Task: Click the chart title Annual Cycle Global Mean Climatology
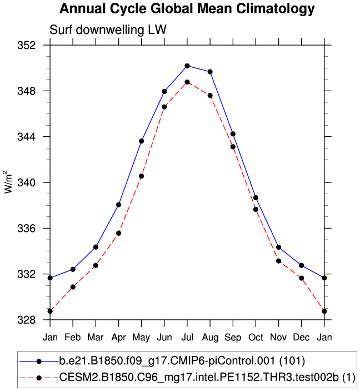[x=187, y=9]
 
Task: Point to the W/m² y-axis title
[x=9, y=182]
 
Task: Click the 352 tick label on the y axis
[x=35, y=45]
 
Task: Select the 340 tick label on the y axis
[x=35, y=182]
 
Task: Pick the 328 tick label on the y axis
[x=35, y=320]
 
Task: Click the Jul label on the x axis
[x=187, y=337]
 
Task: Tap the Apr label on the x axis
[x=118, y=337]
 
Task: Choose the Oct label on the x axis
[x=256, y=337]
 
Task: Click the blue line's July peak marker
[x=187, y=66]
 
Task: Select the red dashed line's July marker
[x=187, y=82]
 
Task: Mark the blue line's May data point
[x=142, y=141]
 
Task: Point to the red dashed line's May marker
[x=142, y=176]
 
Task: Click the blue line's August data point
[x=210, y=72]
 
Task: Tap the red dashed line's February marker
[x=73, y=287]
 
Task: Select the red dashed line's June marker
[x=164, y=107]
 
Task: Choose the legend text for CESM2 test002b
[x=208, y=378]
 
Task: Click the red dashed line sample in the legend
[x=39, y=378]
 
